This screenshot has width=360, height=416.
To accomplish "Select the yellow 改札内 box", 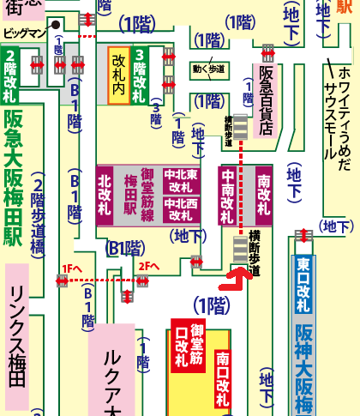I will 117,75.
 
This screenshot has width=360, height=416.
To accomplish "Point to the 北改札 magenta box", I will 105,195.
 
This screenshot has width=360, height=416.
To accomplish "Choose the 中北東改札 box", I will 180,180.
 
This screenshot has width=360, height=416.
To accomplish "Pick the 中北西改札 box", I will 180,210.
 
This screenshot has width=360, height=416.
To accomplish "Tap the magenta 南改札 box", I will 263,195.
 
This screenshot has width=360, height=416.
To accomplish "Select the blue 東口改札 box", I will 304,276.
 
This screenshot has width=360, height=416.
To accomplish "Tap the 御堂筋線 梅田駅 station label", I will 137,195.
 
